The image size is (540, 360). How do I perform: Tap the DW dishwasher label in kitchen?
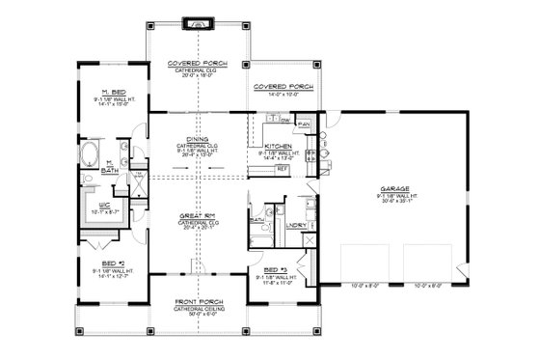[x=287, y=119]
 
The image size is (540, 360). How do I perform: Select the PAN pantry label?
[x=304, y=125]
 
